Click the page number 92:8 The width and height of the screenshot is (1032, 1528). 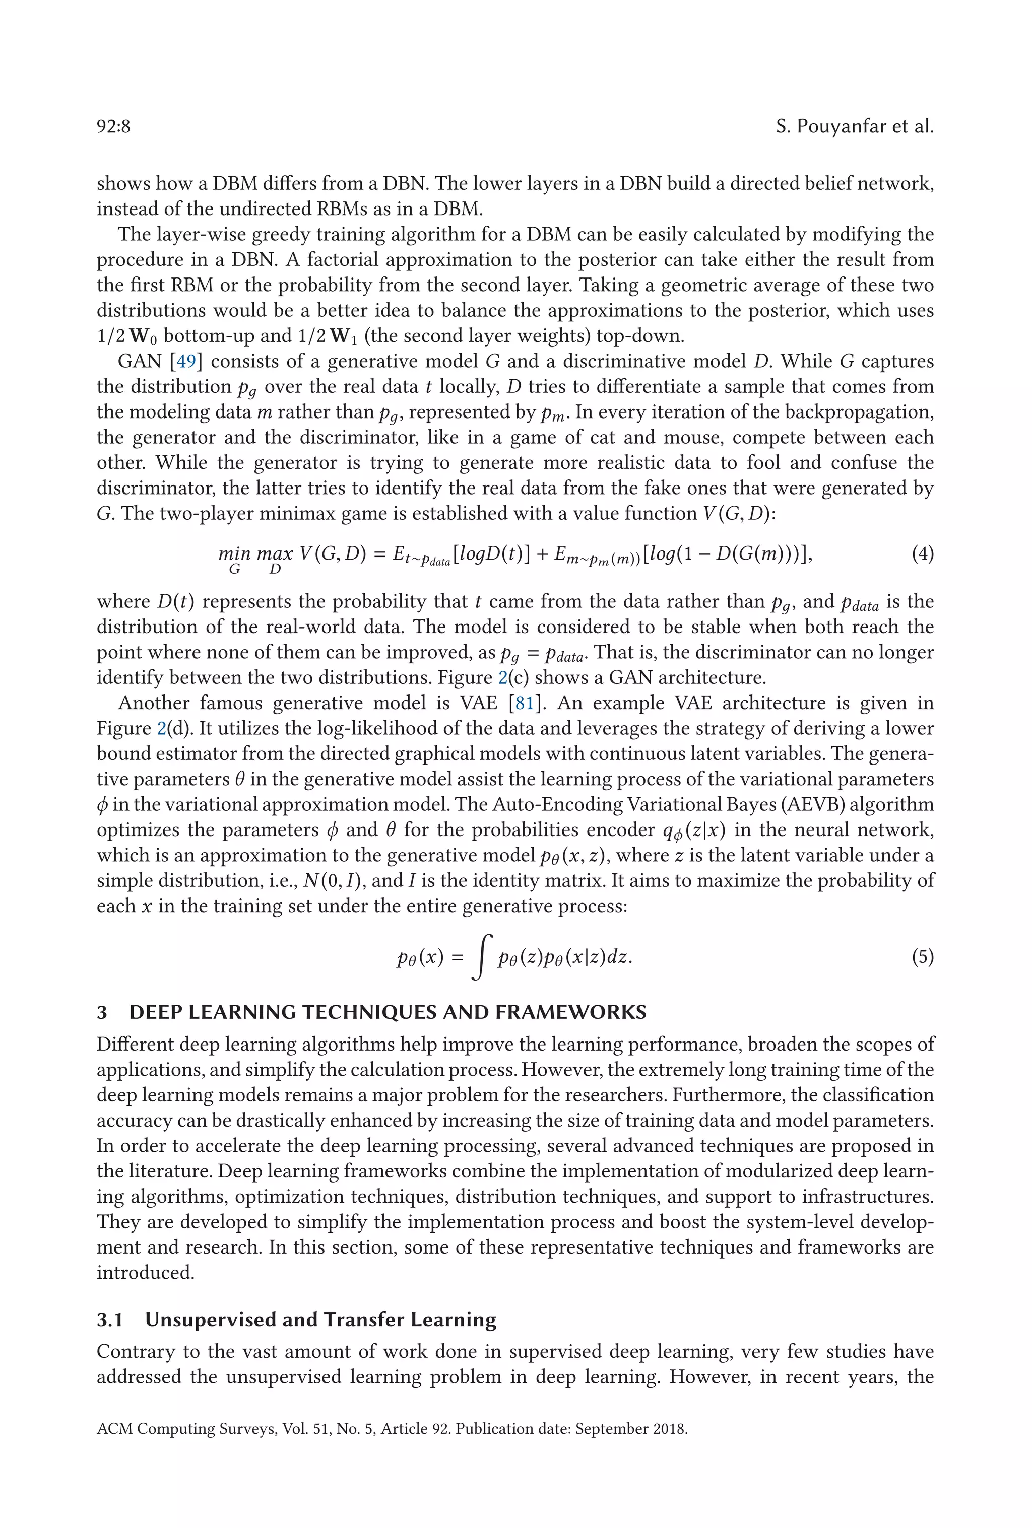pyautogui.click(x=113, y=126)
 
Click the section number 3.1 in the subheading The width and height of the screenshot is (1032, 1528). pyautogui.click(x=110, y=1319)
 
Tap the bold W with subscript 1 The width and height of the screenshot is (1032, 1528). pyautogui.click(x=343, y=336)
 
